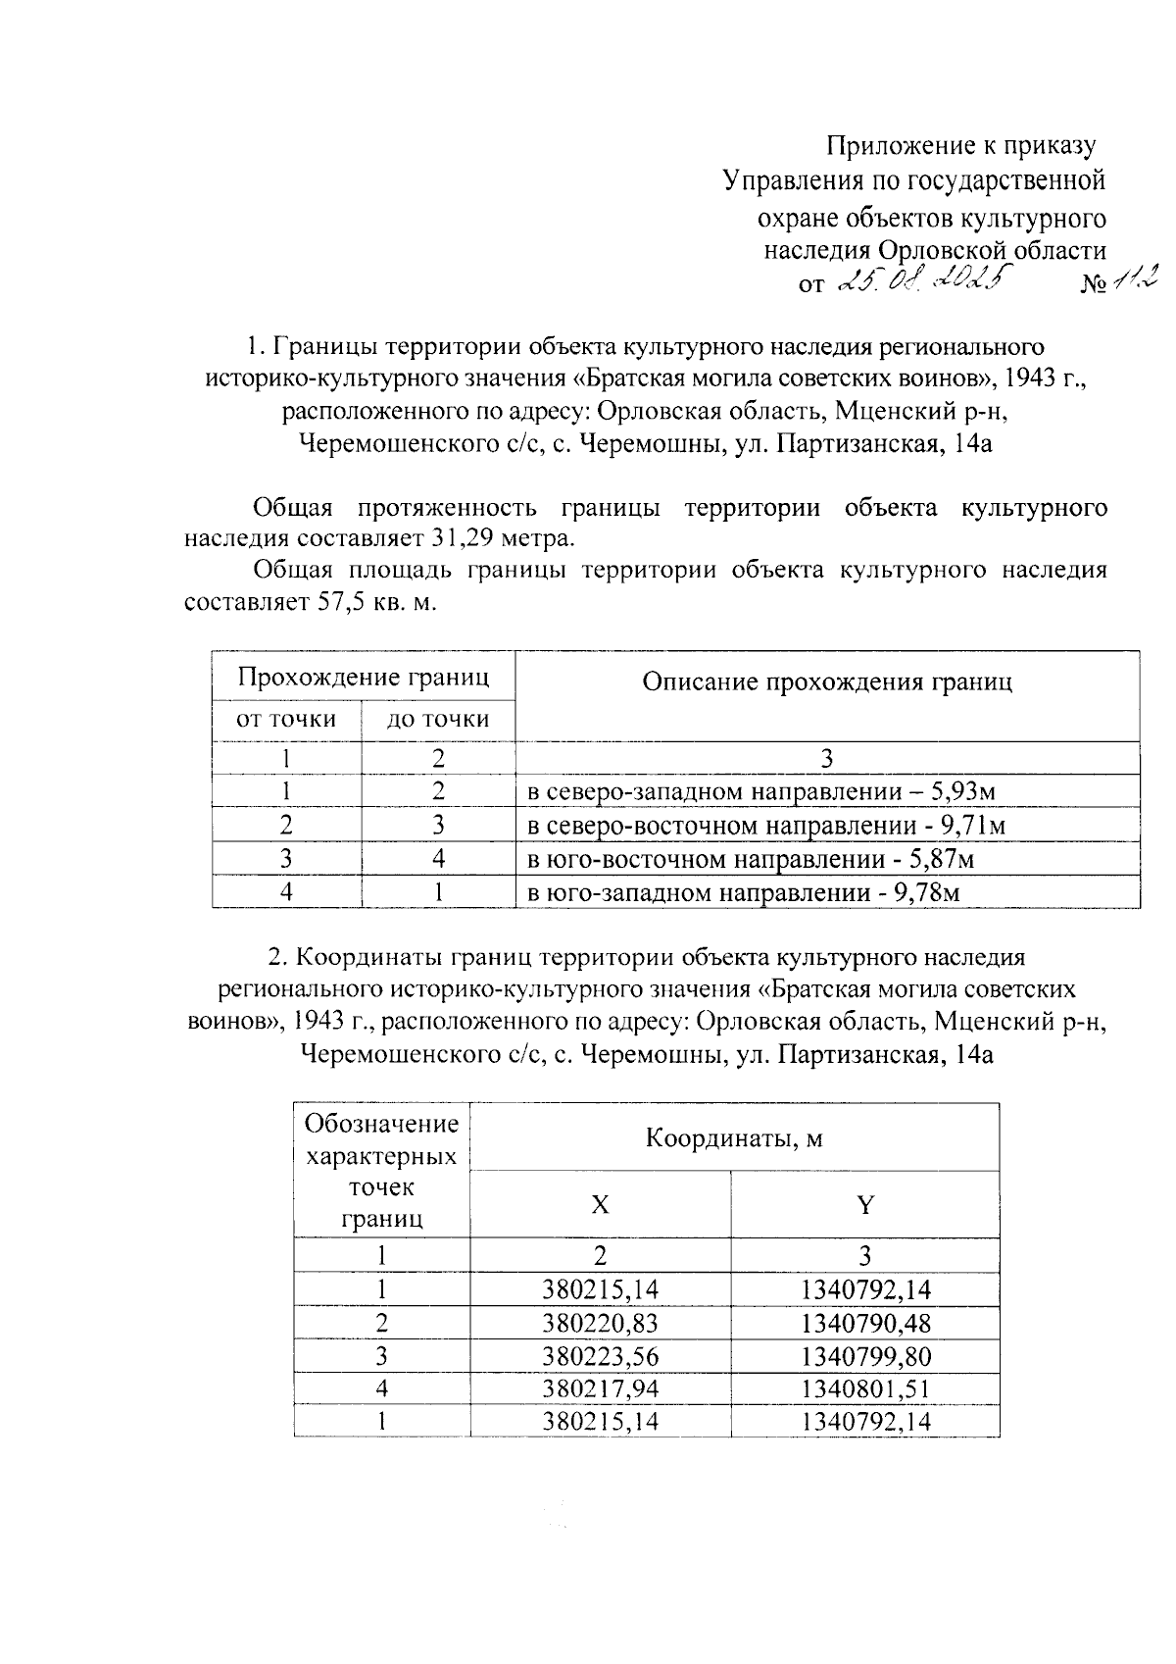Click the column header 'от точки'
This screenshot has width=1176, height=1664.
pos(286,720)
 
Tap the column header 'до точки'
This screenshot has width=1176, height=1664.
pos(438,720)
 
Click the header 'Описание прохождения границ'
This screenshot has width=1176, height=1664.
pos(826,682)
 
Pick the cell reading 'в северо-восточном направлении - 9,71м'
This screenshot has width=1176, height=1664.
pos(766,826)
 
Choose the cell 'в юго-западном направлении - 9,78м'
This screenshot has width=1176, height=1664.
pos(743,893)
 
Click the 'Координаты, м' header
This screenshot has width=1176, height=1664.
pos(734,1138)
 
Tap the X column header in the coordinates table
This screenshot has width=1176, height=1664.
pos(600,1205)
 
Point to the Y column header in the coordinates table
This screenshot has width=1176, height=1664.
pos(864,1205)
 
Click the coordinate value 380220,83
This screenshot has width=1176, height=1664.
pos(600,1323)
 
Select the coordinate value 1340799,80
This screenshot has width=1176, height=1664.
pos(864,1356)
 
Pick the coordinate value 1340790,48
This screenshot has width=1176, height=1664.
pos(864,1323)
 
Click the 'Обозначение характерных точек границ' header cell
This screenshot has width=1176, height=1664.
pos(381,1171)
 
